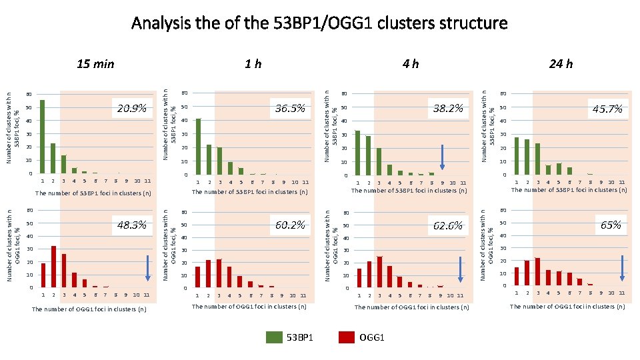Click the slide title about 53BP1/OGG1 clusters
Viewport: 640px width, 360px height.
pos(319,23)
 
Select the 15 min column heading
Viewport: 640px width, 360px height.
pos(95,64)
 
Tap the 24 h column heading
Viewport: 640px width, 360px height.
pos(560,64)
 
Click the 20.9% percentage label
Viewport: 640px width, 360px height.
pos(131,108)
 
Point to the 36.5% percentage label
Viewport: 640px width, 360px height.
pos(290,108)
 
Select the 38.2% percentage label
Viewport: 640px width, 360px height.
pos(447,108)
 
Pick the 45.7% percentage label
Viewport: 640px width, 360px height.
pos(607,109)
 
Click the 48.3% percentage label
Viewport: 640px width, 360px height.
pos(131,225)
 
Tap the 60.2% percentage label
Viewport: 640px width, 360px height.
pos(290,225)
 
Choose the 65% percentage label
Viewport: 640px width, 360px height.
pos(611,225)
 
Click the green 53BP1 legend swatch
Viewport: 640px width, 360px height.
pos(275,337)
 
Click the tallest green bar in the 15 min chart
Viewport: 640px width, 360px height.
pos(43,137)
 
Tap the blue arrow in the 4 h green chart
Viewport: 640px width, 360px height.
pos(441,158)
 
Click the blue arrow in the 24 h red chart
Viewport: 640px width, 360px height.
pos(622,268)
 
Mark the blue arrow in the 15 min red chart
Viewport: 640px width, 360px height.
pos(147,269)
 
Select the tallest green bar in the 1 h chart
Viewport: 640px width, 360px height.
pos(198,146)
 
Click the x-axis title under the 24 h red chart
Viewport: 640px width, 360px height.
pos(567,307)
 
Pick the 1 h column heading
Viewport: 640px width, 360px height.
pos(253,64)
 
